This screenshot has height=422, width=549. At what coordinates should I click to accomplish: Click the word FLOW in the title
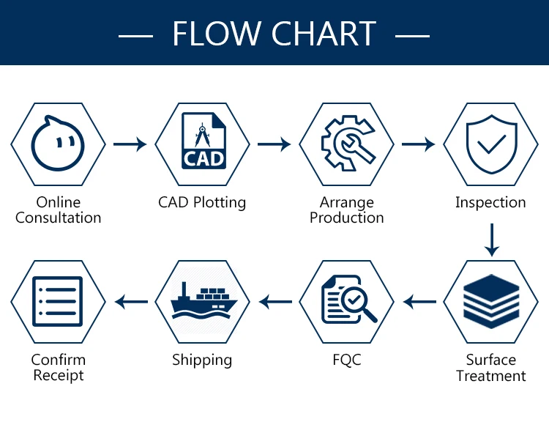click(x=215, y=33)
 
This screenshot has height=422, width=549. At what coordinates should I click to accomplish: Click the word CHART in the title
click(x=324, y=33)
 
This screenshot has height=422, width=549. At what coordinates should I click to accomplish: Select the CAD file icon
click(x=203, y=141)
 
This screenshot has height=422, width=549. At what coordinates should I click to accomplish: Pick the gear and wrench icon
click(x=348, y=143)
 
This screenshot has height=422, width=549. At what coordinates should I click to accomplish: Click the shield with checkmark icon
click(x=492, y=144)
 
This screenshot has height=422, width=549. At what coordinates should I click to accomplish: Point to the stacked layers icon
click(x=491, y=301)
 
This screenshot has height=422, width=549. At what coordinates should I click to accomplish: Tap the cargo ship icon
click(x=203, y=300)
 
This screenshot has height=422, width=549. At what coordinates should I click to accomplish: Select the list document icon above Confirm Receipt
click(x=57, y=301)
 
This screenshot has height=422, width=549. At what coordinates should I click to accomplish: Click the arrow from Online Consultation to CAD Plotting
click(x=130, y=144)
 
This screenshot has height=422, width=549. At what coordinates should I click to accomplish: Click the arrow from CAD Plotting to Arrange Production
click(x=274, y=144)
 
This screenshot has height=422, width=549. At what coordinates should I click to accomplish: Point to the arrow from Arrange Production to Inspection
click(x=419, y=144)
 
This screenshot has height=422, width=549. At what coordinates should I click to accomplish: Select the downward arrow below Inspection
click(x=492, y=240)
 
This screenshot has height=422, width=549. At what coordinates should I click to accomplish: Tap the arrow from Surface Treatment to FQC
click(x=420, y=302)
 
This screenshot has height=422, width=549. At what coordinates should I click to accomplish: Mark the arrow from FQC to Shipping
click(x=275, y=302)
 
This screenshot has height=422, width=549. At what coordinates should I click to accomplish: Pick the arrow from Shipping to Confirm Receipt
click(x=131, y=302)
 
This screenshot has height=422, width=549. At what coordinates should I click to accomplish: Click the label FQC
click(x=347, y=360)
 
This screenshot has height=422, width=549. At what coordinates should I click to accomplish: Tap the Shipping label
click(x=202, y=360)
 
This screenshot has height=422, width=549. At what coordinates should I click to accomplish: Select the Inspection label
click(x=490, y=203)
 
